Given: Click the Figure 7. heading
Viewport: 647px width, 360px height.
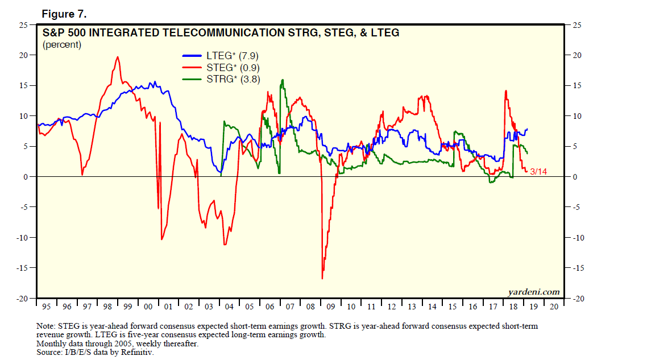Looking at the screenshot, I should [64, 13].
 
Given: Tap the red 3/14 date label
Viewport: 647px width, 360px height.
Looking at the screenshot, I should [538, 171].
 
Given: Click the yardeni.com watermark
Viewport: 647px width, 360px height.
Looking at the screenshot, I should [533, 292].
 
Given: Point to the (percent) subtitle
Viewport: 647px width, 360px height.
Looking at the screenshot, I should [62, 44].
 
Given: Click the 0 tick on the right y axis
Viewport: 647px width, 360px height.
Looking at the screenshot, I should [574, 177].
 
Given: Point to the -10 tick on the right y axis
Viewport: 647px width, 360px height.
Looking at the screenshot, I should [577, 238].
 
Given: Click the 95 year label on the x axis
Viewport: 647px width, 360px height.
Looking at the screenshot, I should [47, 307].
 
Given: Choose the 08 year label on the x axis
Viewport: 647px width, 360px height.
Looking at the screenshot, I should [310, 307].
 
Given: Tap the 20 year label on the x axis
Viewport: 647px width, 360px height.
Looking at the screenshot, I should [553, 307].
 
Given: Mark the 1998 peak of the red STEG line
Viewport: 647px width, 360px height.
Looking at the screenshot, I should [118, 57].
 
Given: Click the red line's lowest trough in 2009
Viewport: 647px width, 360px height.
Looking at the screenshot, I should [322, 278].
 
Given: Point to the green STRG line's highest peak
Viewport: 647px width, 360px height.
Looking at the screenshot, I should [283, 80].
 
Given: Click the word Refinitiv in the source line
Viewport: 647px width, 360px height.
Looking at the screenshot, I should [137, 352].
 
